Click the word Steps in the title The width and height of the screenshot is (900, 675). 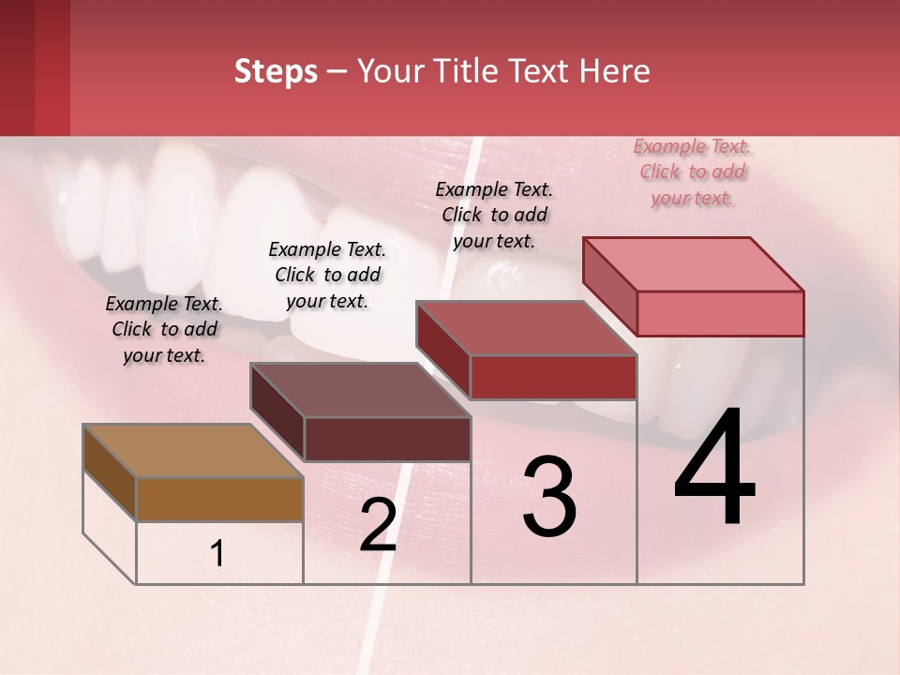pyautogui.click(x=276, y=71)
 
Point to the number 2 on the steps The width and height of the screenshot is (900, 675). pyautogui.click(x=378, y=525)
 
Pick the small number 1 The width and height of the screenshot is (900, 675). pyautogui.click(x=217, y=553)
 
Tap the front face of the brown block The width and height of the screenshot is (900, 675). pyautogui.click(x=219, y=499)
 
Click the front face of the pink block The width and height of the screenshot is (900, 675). pyautogui.click(x=720, y=313)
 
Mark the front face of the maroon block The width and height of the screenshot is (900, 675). pyautogui.click(x=387, y=439)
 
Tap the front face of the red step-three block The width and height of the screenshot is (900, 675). pyautogui.click(x=553, y=377)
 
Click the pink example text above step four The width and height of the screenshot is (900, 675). pyautogui.click(x=693, y=172)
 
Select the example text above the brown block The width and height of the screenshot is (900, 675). pyautogui.click(x=164, y=329)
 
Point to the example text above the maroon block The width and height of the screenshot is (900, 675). pyautogui.click(x=327, y=275)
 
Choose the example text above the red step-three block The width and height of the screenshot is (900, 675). pyautogui.click(x=494, y=215)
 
